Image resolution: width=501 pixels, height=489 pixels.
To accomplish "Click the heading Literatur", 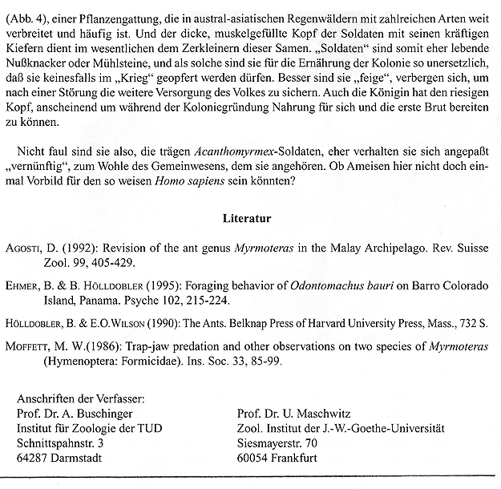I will pyautogui.click(x=250, y=216).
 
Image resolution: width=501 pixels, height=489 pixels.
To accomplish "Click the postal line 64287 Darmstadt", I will pyautogui.click(x=57, y=458).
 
